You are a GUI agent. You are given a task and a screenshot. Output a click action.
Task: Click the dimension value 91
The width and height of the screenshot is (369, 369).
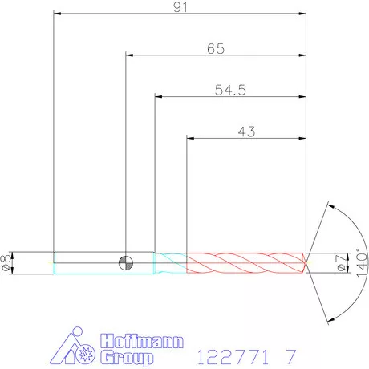180,7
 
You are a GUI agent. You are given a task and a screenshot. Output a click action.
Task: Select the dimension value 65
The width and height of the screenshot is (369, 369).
216,48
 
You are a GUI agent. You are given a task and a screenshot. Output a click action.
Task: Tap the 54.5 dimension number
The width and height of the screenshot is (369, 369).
230,90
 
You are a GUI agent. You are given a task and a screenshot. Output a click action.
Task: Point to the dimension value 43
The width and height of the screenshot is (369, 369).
246,132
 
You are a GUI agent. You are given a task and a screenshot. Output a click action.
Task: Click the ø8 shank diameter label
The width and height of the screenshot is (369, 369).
6,262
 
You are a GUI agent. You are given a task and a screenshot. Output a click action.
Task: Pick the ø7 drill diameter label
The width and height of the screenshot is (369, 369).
341,263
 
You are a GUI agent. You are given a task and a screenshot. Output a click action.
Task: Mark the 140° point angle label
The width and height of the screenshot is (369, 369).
362,263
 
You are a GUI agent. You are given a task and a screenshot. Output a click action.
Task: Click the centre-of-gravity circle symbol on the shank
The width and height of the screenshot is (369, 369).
126,263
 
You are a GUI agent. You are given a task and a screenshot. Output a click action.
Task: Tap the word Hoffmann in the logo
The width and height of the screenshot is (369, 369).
142,341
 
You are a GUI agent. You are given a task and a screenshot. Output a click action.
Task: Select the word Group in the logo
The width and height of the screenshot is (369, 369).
127,358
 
